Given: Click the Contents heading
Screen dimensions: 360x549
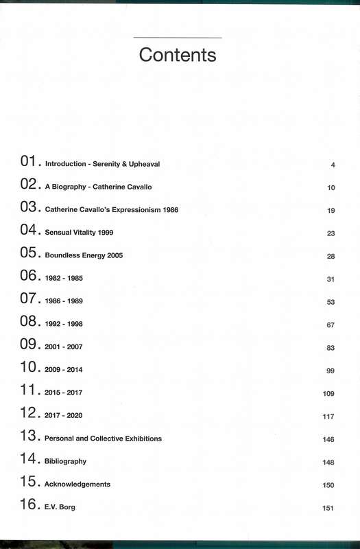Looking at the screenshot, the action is coord(178,54).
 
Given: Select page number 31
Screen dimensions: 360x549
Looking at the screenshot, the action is coord(331,279).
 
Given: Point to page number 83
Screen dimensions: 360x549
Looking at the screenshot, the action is coord(331,348).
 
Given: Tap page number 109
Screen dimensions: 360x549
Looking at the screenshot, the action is coord(328,393).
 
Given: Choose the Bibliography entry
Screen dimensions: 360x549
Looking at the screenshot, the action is coord(66,461).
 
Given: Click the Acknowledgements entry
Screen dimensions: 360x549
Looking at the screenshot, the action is coord(77,484).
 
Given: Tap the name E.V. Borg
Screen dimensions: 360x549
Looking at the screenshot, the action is coord(60,507).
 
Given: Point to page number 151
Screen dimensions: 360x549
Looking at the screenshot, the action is coord(328,508).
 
